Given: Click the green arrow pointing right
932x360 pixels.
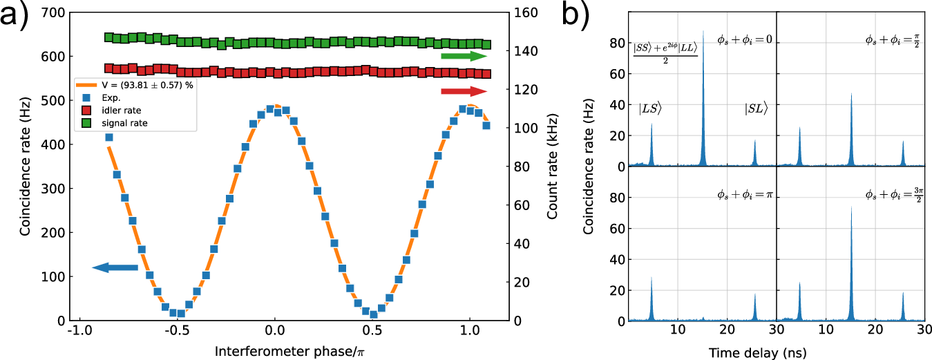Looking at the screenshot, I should tap(464, 56).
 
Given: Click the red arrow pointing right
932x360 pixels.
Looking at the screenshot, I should tap(464, 91).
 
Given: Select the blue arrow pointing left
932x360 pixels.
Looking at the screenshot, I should tap(115, 267).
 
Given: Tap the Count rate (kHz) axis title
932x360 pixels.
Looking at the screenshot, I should tap(552, 166).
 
